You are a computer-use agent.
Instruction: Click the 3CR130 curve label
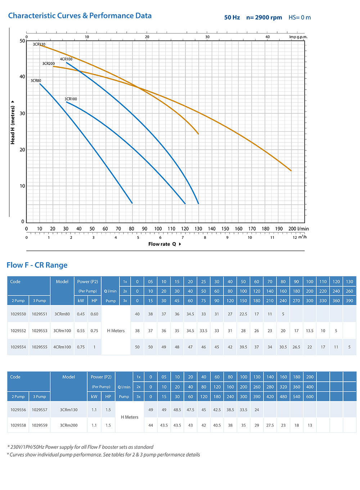click(39, 44)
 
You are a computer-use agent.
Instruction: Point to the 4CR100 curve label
click(66, 59)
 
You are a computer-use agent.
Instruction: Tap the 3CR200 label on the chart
click(48, 64)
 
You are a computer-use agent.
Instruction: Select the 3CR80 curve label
click(36, 81)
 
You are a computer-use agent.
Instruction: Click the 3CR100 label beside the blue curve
click(71, 99)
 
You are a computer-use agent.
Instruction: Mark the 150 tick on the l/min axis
click(225, 228)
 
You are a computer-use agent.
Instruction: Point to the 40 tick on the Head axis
click(22, 77)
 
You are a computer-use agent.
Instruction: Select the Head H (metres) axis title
click(13, 125)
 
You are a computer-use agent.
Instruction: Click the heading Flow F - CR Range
click(37, 265)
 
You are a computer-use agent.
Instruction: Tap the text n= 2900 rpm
click(264, 17)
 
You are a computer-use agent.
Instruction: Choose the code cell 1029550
click(18, 314)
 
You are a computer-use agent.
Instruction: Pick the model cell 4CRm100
click(62, 347)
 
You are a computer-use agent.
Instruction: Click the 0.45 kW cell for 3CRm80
click(81, 314)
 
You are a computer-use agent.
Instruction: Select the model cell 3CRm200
click(68, 425)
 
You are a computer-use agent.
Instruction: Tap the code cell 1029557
click(39, 410)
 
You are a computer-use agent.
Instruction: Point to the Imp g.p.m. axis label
click(298, 37)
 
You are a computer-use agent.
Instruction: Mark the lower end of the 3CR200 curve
click(291, 171)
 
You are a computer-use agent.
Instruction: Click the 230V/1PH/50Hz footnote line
click(80, 447)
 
